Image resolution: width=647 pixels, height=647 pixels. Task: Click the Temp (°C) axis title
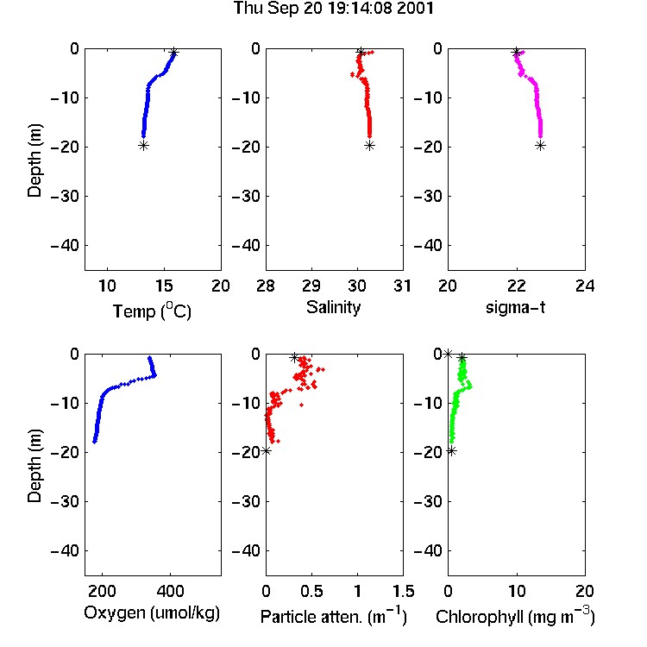pyautogui.click(x=152, y=311)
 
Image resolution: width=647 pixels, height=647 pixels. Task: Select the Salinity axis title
pyautogui.click(x=333, y=308)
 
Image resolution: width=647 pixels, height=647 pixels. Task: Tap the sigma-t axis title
pyautogui.click(x=515, y=307)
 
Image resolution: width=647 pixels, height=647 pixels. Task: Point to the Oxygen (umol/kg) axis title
pyautogui.click(x=152, y=612)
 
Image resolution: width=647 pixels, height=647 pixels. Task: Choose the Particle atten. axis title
pyautogui.click(x=334, y=616)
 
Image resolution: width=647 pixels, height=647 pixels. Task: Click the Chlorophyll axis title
pyautogui.click(x=515, y=616)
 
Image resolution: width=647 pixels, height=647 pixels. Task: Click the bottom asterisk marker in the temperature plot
pyautogui.click(x=143, y=145)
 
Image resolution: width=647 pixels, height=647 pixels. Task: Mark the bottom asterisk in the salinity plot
pyautogui.click(x=370, y=145)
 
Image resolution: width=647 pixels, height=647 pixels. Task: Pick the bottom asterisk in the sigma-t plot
pyautogui.click(x=541, y=145)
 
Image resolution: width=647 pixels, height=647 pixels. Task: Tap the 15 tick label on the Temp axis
pyautogui.click(x=164, y=286)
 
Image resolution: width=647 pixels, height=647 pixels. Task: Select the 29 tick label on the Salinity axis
pyautogui.click(x=311, y=286)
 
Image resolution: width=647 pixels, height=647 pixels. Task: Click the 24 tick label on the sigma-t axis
pyautogui.click(x=585, y=286)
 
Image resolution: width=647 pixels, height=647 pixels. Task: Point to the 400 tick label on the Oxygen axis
pyautogui.click(x=170, y=591)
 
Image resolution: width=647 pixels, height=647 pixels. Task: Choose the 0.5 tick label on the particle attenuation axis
pyautogui.click(x=311, y=591)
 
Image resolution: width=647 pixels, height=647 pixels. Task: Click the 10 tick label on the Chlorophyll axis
pyautogui.click(x=517, y=591)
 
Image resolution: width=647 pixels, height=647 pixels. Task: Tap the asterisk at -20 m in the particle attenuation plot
pyautogui.click(x=267, y=451)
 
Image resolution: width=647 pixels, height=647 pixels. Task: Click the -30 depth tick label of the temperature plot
pyautogui.click(x=65, y=197)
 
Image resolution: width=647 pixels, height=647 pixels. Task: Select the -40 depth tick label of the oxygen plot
pyautogui.click(x=65, y=550)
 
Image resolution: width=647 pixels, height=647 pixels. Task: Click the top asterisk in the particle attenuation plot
pyautogui.click(x=294, y=358)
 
